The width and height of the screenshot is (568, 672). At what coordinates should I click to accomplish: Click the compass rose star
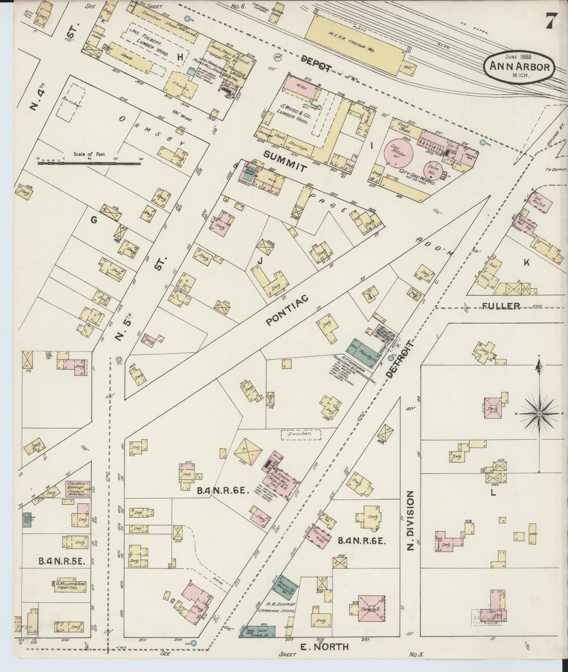[539, 414]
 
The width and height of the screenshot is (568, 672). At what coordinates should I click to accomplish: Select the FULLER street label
[501, 306]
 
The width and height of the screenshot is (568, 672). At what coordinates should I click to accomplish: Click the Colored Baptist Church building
[78, 489]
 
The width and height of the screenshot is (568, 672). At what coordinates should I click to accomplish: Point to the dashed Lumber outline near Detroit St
[300, 434]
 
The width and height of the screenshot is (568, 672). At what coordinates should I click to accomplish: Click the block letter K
[526, 263]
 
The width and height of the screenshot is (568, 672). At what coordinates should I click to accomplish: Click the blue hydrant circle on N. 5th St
[119, 359]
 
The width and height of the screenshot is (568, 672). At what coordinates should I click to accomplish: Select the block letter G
[94, 220]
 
